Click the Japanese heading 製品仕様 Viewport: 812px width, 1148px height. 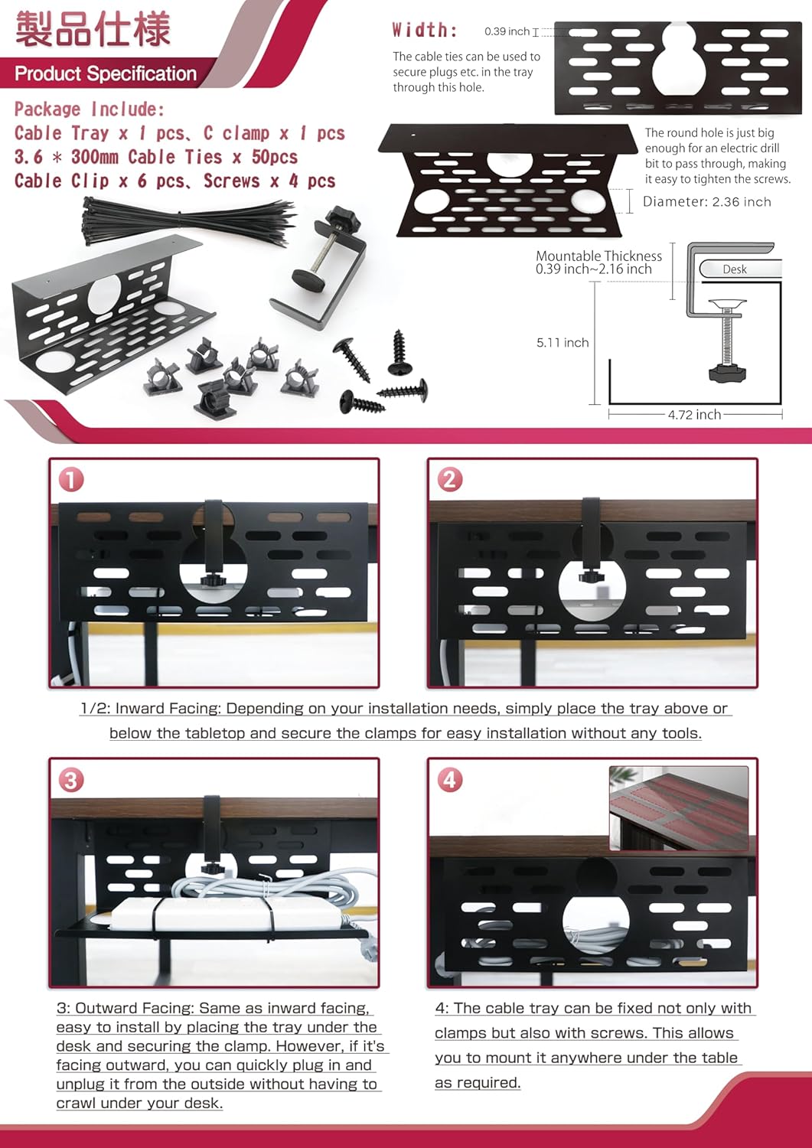[x=93, y=29]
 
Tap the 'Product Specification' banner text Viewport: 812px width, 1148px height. [x=106, y=73]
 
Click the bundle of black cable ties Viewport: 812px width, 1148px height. [x=188, y=221]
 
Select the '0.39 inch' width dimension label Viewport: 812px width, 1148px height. [x=507, y=31]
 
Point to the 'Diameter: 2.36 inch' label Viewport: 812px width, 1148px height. [x=707, y=201]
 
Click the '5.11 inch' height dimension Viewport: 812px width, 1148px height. [x=563, y=342]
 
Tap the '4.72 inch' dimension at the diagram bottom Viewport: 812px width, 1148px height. [x=694, y=414]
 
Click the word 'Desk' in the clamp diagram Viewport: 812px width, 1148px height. [x=735, y=269]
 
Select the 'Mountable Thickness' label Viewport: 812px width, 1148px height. [x=598, y=256]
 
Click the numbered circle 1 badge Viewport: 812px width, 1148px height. [x=70, y=480]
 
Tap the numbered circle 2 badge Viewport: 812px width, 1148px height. [x=449, y=480]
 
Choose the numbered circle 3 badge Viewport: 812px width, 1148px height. [x=70, y=781]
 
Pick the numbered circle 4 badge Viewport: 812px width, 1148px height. [x=449, y=781]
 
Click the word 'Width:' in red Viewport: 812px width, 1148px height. [x=425, y=31]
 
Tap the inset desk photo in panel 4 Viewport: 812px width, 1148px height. [x=679, y=808]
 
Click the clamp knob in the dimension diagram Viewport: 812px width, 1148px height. [x=727, y=373]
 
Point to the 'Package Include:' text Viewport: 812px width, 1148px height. [x=90, y=109]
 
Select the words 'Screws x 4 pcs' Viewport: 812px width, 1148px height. [x=269, y=181]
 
